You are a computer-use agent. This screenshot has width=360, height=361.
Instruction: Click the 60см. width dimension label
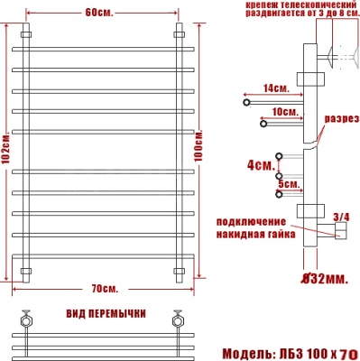pos(101,14)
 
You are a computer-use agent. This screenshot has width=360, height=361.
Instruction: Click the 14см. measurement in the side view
pos(276,88)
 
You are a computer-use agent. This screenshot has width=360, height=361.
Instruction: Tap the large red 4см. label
pos(260,166)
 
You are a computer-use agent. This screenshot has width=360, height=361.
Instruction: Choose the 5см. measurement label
pos(290,183)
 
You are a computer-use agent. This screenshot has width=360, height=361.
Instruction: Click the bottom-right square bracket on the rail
pos(178,270)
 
